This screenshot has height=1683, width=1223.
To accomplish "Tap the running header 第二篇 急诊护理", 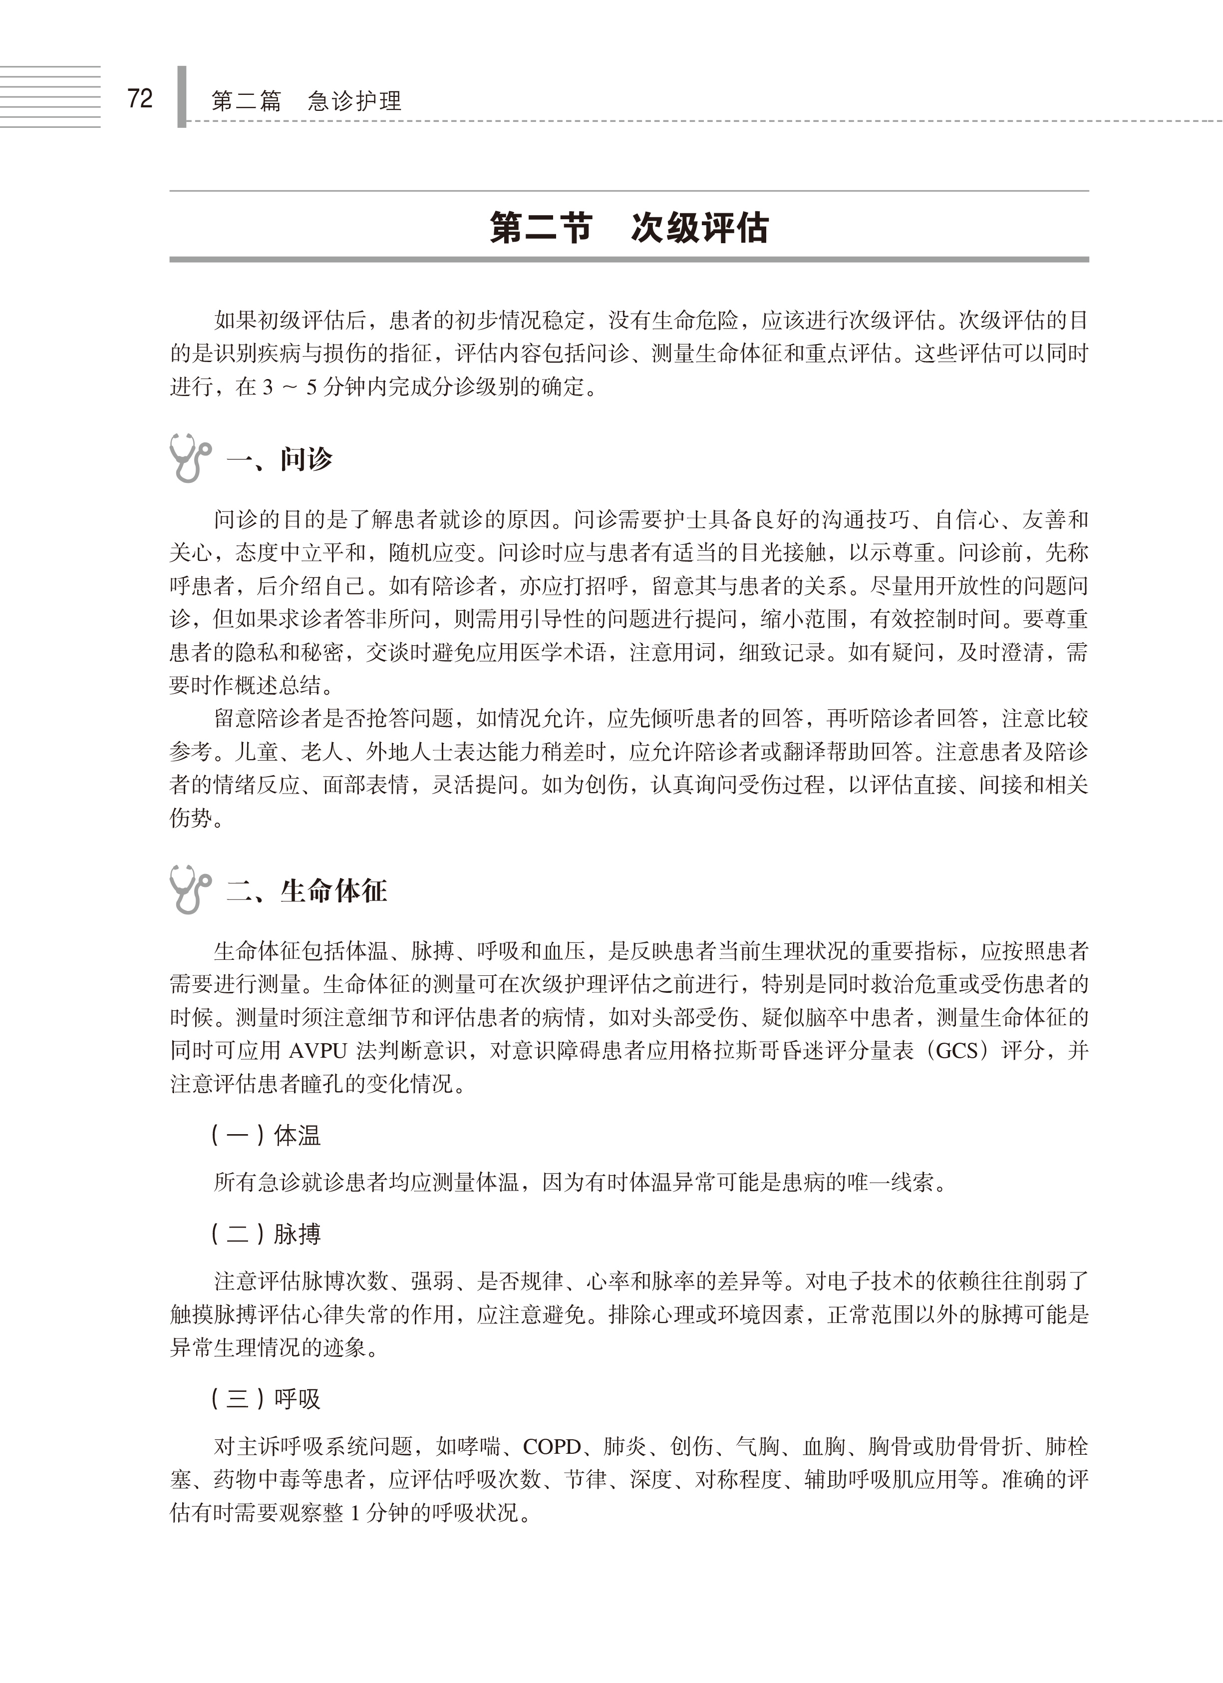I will tap(306, 101).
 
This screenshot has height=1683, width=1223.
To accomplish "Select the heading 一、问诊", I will tap(280, 460).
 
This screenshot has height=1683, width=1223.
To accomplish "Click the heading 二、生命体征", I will tap(307, 890).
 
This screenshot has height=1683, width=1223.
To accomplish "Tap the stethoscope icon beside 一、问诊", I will tap(189, 458).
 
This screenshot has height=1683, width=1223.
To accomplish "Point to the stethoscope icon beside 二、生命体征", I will tap(189, 889).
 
